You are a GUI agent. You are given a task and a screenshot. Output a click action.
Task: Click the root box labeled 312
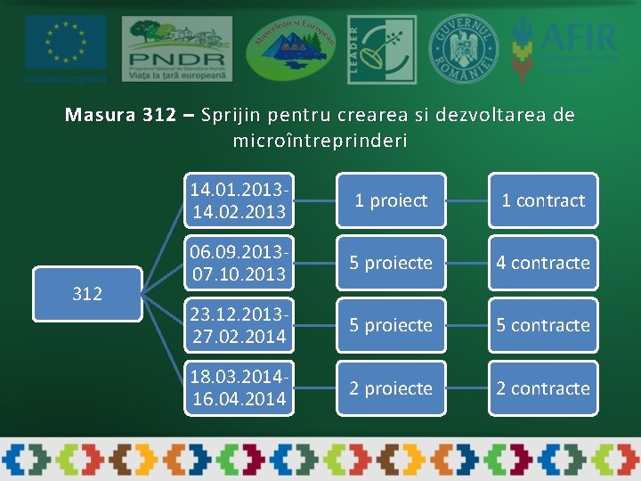tap(87, 294)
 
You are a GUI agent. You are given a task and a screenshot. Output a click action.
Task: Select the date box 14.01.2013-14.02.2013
tap(239, 200)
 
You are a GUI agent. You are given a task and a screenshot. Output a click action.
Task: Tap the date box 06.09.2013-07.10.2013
tap(239, 263)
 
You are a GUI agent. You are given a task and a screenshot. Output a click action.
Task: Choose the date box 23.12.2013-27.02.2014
tap(239, 325)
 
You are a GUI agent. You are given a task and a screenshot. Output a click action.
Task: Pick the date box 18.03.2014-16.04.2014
tap(239, 388)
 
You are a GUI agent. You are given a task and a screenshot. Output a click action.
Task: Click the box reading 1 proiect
tap(391, 200)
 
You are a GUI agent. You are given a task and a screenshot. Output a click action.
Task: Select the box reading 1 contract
tap(543, 200)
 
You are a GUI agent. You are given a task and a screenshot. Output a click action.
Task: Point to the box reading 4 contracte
tap(543, 263)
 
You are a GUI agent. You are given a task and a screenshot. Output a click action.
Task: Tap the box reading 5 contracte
tap(543, 325)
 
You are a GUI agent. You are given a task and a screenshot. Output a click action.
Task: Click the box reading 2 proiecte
tap(391, 388)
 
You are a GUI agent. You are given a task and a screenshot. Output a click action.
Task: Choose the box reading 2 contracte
tap(543, 388)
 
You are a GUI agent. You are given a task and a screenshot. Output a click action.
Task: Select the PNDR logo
tap(176, 49)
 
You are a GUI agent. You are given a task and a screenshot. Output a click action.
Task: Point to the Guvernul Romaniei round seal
tap(464, 49)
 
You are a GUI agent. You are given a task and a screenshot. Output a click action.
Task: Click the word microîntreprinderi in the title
tap(320, 141)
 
